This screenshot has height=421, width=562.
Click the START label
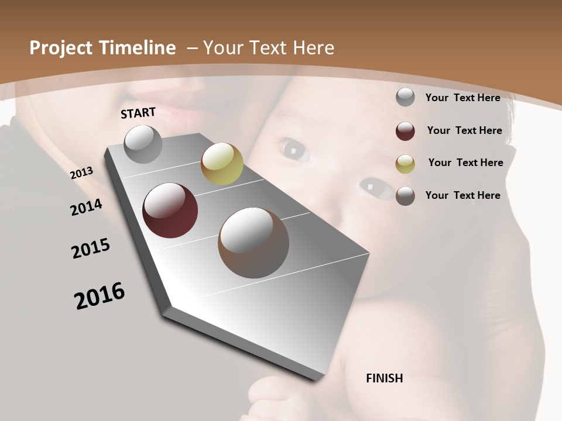tap(138, 113)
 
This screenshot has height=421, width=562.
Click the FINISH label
tap(385, 378)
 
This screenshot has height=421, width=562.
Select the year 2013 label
tap(82, 172)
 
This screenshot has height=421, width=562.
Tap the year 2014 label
tap(86, 207)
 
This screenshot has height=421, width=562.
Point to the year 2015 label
tap(91, 249)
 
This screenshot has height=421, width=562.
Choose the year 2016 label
tap(100, 296)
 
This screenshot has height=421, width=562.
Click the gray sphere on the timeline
tap(143, 144)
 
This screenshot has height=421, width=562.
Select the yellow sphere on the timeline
tap(222, 164)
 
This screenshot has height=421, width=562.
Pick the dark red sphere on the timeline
tap(170, 210)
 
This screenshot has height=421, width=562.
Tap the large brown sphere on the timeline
tap(253, 243)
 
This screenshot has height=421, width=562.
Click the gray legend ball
tap(405, 98)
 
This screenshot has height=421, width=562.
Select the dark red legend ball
tap(405, 131)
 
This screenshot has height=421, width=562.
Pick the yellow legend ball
tap(405, 164)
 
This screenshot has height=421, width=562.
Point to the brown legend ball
tap(405, 196)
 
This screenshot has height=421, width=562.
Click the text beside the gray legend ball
tap(462, 98)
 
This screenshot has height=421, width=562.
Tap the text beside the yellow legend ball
tap(465, 163)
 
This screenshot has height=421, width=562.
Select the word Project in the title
tap(60, 48)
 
